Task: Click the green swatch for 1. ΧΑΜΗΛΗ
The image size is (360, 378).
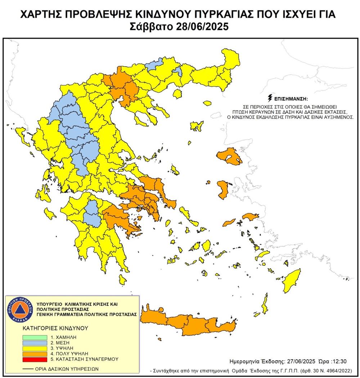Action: point(34,338)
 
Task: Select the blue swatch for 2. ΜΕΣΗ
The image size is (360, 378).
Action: point(34,343)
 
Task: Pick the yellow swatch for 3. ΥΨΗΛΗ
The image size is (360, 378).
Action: point(34,348)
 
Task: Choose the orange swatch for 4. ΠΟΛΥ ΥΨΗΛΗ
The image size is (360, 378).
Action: point(34,354)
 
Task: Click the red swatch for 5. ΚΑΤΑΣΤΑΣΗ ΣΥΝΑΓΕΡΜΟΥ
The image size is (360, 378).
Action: point(34,359)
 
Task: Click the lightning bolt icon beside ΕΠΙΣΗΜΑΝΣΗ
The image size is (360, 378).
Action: point(270,98)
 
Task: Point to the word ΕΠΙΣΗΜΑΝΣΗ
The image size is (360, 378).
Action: point(292,98)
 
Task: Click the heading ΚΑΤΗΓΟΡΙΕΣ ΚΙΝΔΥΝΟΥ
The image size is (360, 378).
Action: point(50,329)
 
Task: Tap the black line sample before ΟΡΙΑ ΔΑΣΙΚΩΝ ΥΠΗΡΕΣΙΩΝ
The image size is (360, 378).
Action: point(27,369)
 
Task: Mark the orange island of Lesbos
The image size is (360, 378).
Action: point(230,157)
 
